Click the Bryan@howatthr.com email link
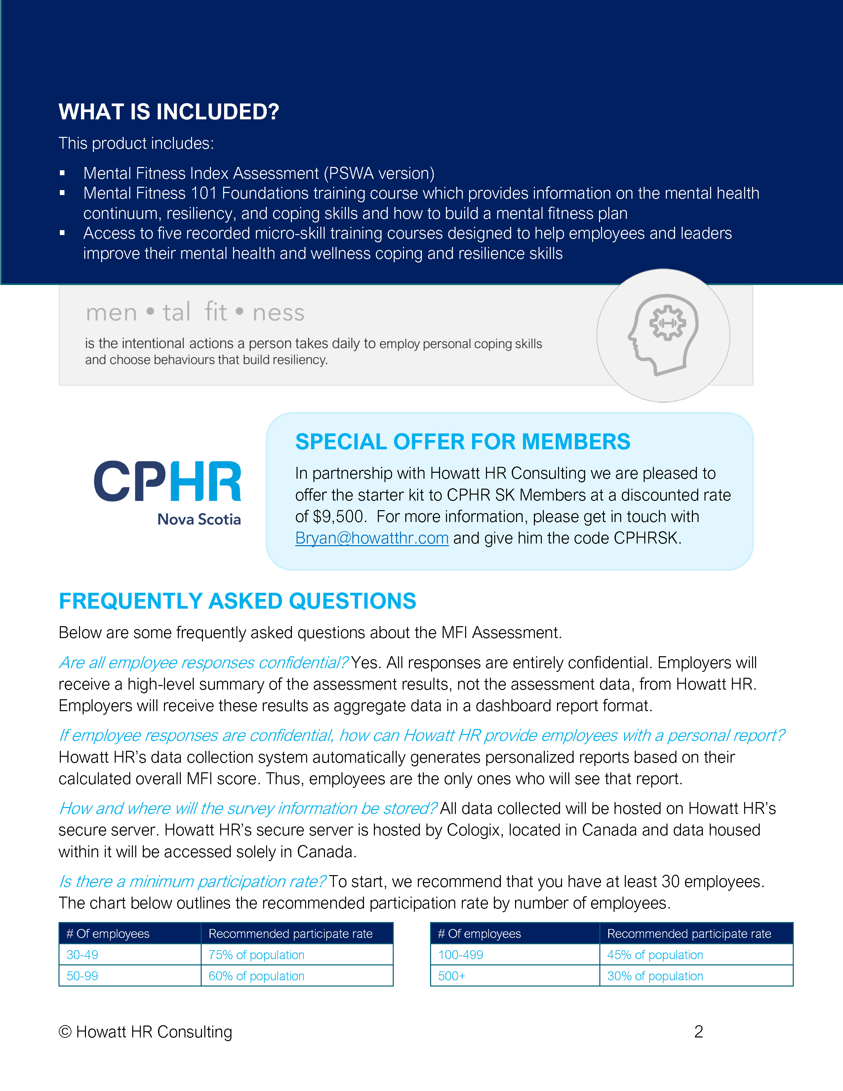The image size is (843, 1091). click(x=372, y=538)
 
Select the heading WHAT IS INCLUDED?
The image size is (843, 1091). click(x=169, y=112)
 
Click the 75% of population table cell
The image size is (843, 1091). click(x=256, y=955)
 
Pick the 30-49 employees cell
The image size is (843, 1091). click(x=82, y=955)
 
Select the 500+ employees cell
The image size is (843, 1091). click(x=452, y=976)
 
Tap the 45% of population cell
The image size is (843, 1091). click(x=655, y=955)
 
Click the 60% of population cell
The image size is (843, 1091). click(x=256, y=976)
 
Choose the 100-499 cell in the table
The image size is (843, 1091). click(x=461, y=955)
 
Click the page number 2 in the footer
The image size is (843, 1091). click(x=698, y=1031)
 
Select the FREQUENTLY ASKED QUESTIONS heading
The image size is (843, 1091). click(x=237, y=601)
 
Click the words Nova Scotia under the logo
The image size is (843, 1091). click(x=199, y=519)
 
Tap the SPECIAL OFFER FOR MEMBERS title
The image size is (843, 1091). click(x=462, y=442)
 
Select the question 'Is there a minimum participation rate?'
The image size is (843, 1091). click(x=192, y=882)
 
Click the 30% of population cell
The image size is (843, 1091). click(x=655, y=976)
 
